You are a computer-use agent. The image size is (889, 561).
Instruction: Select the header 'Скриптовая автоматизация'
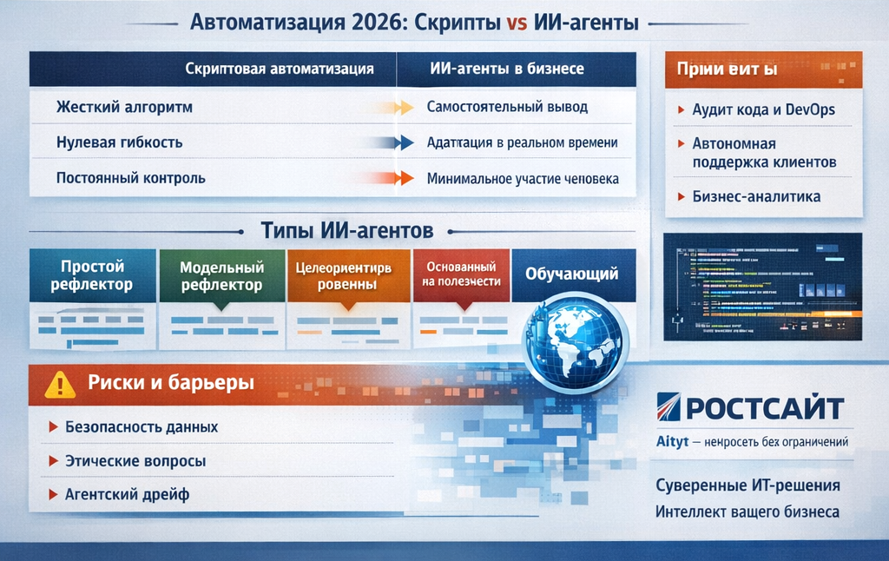(280, 69)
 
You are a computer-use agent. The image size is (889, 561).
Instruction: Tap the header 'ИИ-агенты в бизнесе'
(507, 69)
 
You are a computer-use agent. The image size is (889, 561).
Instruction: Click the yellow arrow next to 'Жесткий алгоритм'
(400, 109)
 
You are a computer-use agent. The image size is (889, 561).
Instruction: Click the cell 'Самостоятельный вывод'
(507, 108)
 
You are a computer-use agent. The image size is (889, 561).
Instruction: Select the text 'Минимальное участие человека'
(523, 179)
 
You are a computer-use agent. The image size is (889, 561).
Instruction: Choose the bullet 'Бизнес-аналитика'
(756, 196)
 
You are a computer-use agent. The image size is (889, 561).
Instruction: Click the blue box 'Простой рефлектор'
(92, 275)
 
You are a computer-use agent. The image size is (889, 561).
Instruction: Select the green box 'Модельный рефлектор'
(221, 276)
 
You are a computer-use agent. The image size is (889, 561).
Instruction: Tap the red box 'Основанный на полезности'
(461, 274)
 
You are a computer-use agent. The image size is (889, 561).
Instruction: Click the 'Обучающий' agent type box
(571, 274)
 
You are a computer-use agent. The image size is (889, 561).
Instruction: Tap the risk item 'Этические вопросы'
(135, 461)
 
